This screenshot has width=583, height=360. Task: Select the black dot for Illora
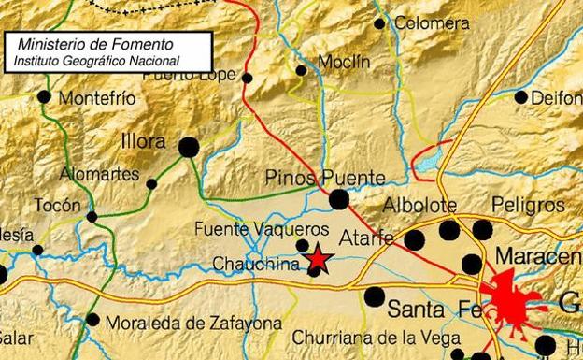pos(189,147)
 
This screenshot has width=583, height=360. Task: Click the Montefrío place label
pos(97,97)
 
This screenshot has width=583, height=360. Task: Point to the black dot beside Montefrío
pos(44,96)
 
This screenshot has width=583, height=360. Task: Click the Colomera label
pos(432,23)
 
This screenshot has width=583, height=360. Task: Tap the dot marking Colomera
pos(379,24)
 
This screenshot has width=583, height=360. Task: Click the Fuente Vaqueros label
pos(262,228)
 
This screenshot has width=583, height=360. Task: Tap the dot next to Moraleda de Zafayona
pos(92,320)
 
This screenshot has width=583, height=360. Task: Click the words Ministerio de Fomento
pos(84,44)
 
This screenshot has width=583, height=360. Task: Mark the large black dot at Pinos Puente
pos(338,199)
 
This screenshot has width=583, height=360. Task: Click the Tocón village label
pos(50,204)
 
